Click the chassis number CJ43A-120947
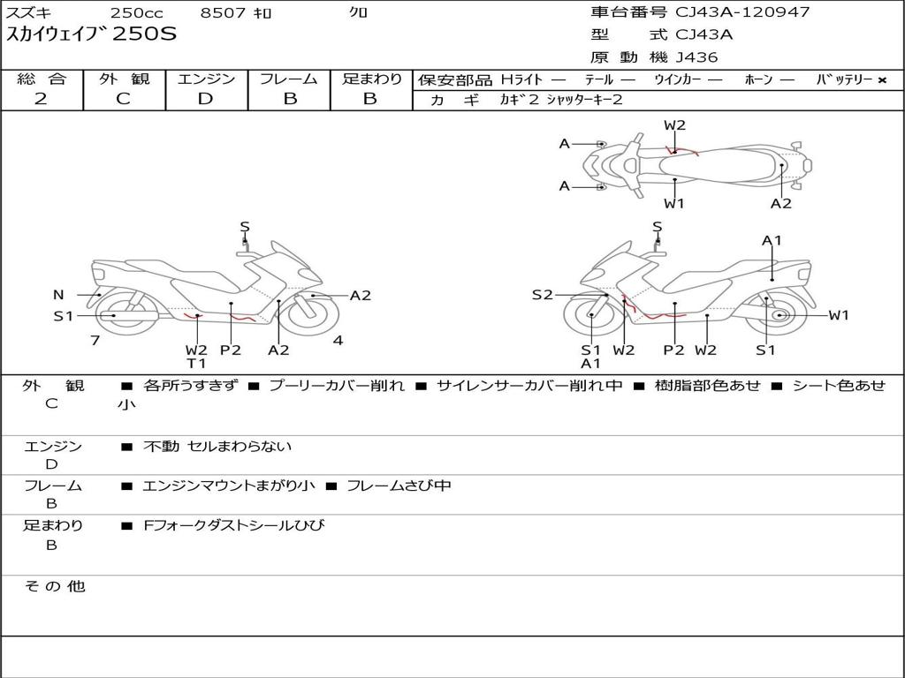742,12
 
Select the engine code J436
696,57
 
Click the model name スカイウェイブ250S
92,35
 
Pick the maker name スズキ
29,12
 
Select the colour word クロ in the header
359,12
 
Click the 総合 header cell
42,79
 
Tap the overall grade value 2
41,99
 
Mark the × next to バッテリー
881,79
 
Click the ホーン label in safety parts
758,79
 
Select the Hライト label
521,79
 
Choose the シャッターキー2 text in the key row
584,100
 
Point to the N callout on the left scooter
58,295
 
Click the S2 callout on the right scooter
542,295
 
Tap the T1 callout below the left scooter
196,363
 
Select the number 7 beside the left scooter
95,340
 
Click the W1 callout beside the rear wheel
838,315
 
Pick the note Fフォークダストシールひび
233,525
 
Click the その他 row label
54,586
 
